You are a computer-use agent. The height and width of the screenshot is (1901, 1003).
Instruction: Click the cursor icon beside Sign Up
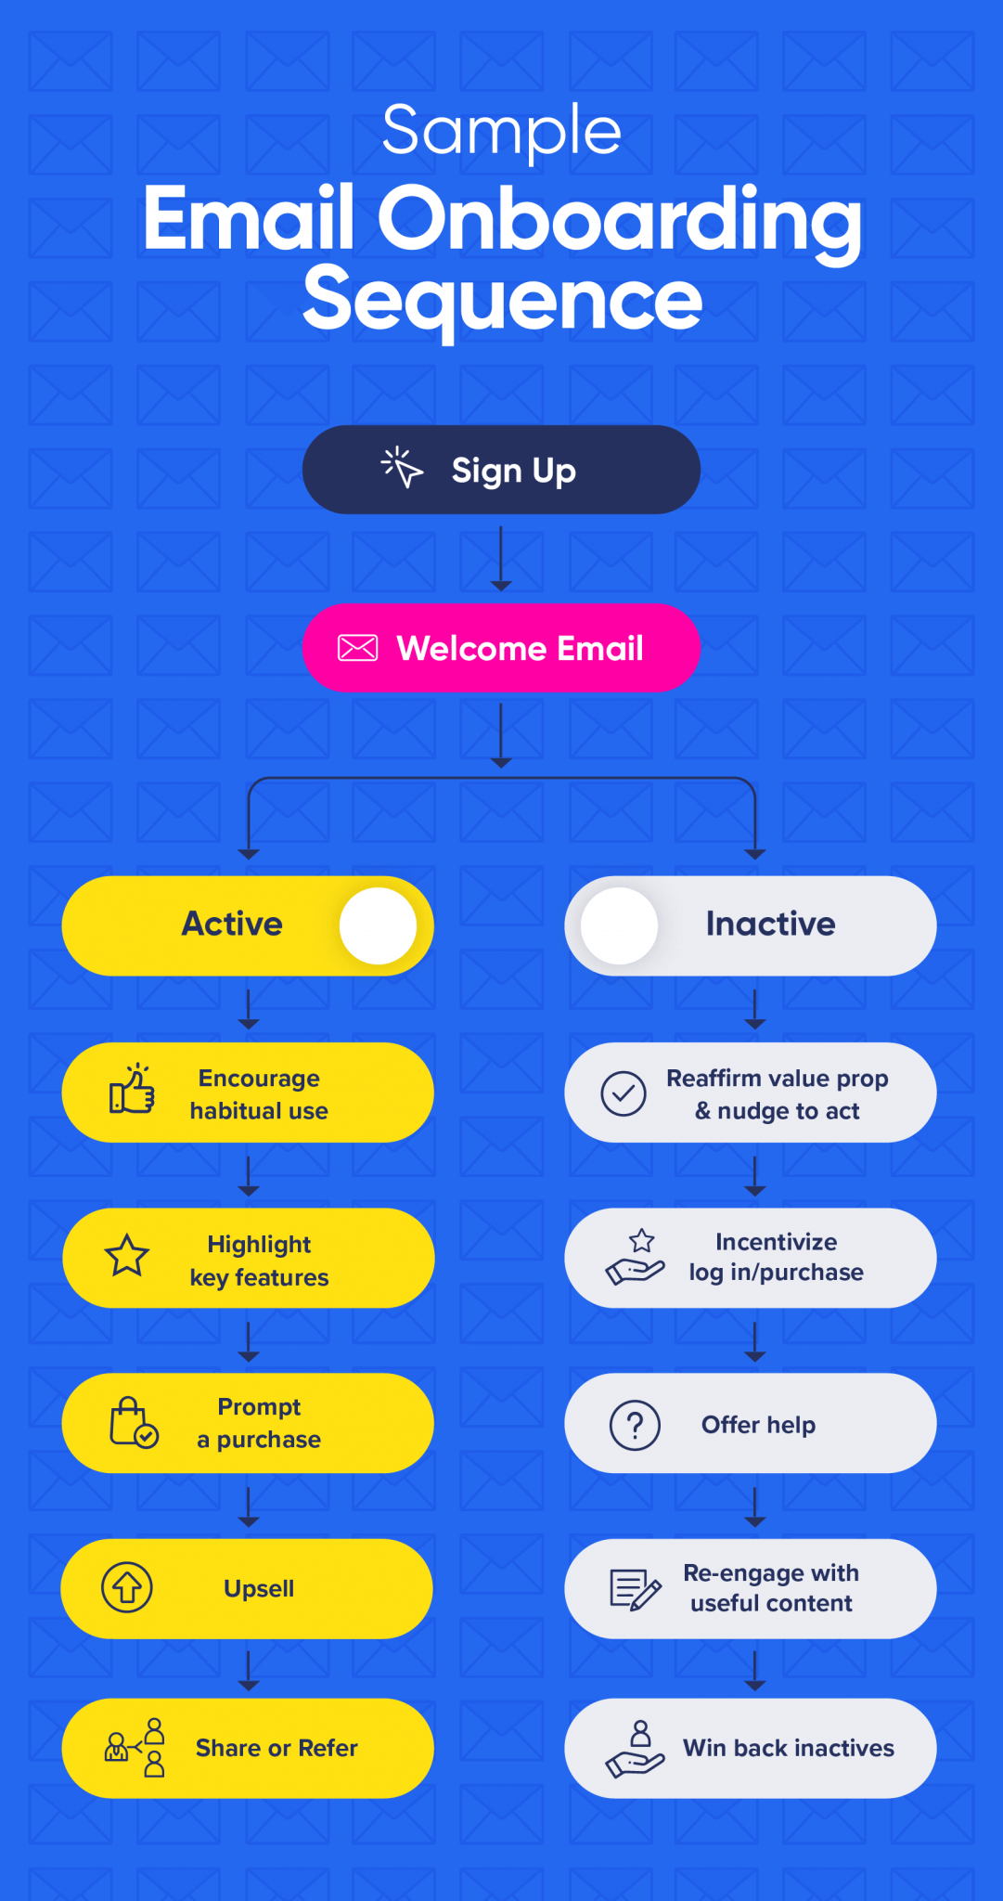click(x=402, y=467)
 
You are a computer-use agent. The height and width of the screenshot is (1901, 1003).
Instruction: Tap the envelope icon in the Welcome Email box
click(x=357, y=648)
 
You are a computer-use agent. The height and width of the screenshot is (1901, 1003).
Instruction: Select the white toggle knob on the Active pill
click(x=378, y=925)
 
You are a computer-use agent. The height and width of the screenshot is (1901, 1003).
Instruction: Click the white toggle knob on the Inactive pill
click(x=619, y=925)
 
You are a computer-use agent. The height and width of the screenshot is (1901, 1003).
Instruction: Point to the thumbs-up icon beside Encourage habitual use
click(x=133, y=1090)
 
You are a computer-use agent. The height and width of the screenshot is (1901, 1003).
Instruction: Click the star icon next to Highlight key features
click(x=127, y=1256)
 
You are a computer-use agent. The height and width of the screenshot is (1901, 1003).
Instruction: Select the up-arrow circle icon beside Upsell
click(x=127, y=1587)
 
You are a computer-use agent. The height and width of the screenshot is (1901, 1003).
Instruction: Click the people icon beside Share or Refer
click(x=135, y=1748)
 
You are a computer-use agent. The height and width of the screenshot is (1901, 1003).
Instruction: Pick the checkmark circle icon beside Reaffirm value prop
click(x=624, y=1093)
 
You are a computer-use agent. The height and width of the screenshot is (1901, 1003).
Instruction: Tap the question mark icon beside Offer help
click(x=635, y=1424)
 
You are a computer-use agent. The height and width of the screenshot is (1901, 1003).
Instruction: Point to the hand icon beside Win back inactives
click(x=636, y=1749)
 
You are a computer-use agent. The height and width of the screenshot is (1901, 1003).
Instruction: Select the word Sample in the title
click(x=501, y=131)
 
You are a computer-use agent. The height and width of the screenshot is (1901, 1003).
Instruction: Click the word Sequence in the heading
click(x=502, y=299)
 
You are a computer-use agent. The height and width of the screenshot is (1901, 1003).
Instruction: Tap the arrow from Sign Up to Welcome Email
click(x=501, y=558)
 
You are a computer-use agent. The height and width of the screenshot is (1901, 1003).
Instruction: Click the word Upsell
click(x=259, y=1588)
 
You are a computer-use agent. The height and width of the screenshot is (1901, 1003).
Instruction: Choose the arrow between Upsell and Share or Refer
click(x=248, y=1669)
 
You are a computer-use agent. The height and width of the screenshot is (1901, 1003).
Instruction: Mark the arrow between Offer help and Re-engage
click(x=755, y=1506)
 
